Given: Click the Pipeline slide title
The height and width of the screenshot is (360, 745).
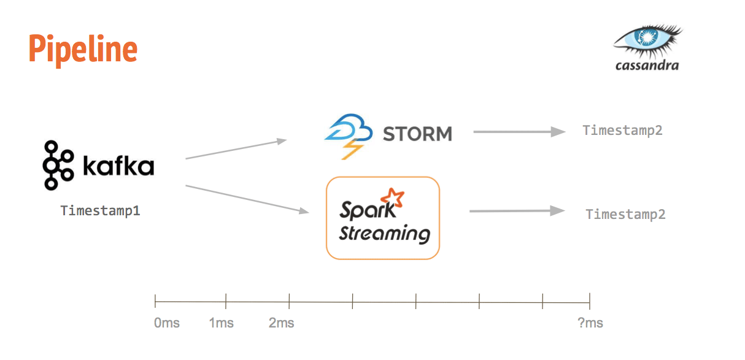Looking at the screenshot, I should pyautogui.click(x=83, y=50).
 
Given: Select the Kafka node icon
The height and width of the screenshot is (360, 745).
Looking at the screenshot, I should pyautogui.click(x=58, y=165).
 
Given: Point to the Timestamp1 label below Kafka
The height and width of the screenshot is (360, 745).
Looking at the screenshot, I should pyautogui.click(x=100, y=210).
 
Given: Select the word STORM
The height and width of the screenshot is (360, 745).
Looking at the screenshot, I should pyautogui.click(x=417, y=133).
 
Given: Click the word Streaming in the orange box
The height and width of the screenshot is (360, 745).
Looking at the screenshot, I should pyautogui.click(x=384, y=234).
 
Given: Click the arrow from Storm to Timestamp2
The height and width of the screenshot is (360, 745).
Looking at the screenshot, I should pyautogui.click(x=519, y=131).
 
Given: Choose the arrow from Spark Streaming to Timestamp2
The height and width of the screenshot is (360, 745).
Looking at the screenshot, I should pyautogui.click(x=517, y=211).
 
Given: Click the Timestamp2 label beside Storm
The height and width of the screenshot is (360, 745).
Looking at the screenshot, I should pyautogui.click(x=622, y=130).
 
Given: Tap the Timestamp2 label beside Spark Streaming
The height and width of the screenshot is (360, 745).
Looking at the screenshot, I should pyautogui.click(x=625, y=214).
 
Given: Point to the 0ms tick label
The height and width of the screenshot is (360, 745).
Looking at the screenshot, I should pyautogui.click(x=167, y=323).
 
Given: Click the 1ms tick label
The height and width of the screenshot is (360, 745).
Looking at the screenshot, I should pyautogui.click(x=221, y=323).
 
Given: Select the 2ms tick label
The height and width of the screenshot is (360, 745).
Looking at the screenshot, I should pyautogui.click(x=281, y=323).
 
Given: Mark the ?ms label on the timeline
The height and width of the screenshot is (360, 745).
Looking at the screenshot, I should pyautogui.click(x=590, y=323).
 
